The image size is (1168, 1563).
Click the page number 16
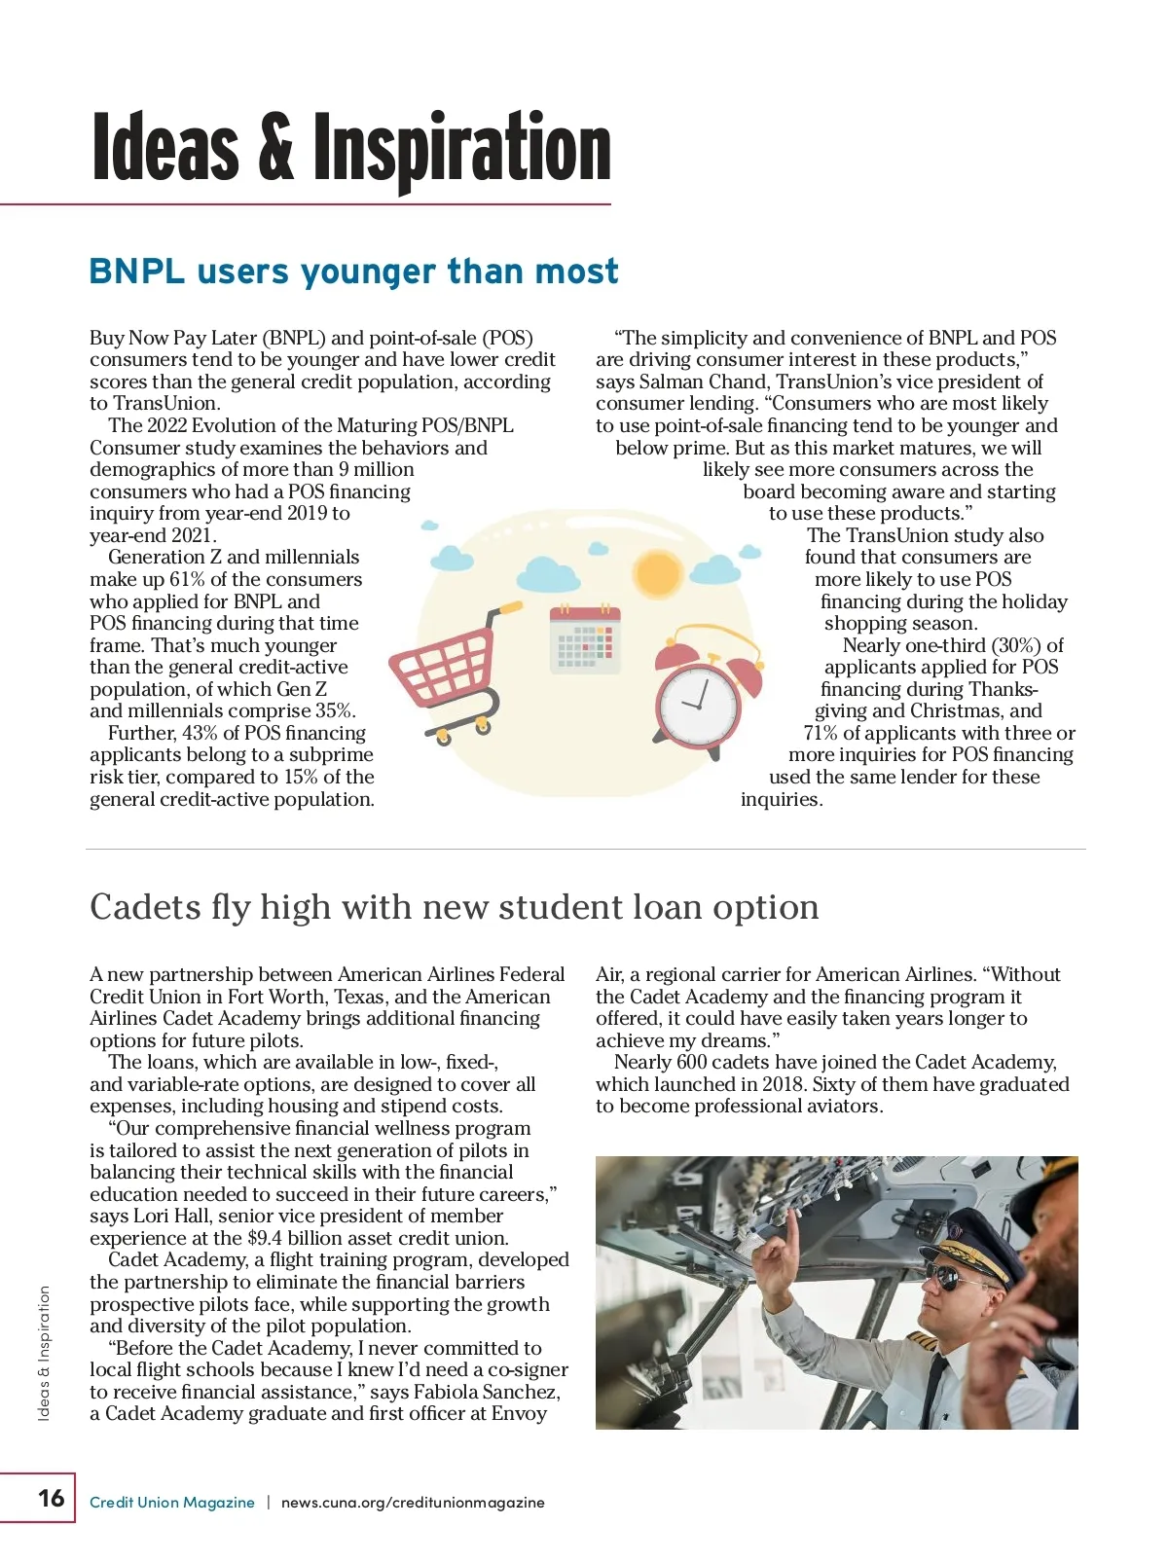point(51,1497)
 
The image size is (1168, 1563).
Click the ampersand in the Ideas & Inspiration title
point(275,148)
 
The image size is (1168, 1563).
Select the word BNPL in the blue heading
point(136,272)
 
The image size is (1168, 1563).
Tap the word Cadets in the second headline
point(145,907)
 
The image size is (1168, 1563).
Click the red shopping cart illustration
point(440,667)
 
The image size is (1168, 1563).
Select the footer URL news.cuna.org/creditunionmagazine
point(413,1503)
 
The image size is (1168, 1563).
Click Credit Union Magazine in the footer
point(171,1503)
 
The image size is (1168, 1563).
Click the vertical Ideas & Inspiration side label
point(44,1353)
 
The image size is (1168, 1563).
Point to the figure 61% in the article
point(187,580)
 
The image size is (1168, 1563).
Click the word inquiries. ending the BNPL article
point(782,800)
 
